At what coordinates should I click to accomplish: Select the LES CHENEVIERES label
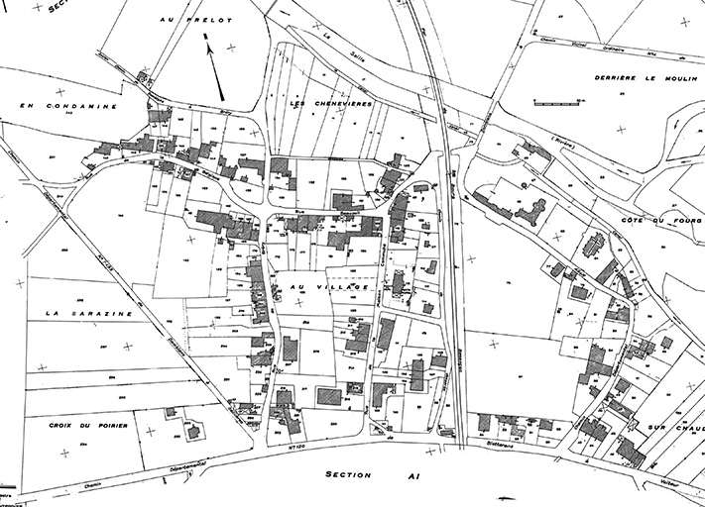pos(321,105)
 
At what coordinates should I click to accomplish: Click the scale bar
pos(554,102)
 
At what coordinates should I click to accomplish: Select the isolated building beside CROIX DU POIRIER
pos(192,431)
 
